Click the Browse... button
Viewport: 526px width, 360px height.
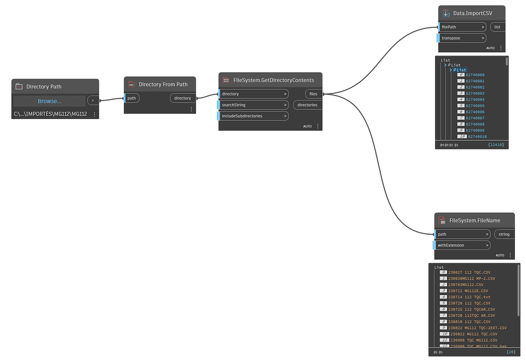[x=49, y=101]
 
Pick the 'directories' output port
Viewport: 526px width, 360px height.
[x=307, y=105]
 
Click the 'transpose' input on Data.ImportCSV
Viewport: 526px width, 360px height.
[x=461, y=38]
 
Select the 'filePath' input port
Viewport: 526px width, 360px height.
[x=461, y=27]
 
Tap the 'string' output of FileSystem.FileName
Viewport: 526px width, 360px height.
[x=504, y=234]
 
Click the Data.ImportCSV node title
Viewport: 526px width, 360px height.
[x=473, y=13]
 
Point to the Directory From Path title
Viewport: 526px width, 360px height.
[x=163, y=84]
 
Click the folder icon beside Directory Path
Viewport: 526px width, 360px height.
[x=19, y=86]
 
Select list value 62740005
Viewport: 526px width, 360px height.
[x=475, y=106]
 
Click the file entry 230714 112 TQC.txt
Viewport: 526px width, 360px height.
[x=469, y=297]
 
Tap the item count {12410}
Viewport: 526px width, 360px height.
[x=495, y=145]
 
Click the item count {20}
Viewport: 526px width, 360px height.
[x=511, y=352]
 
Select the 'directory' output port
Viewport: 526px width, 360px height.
[x=182, y=98]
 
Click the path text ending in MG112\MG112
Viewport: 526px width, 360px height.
[x=50, y=114]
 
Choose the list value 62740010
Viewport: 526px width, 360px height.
[x=476, y=137]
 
